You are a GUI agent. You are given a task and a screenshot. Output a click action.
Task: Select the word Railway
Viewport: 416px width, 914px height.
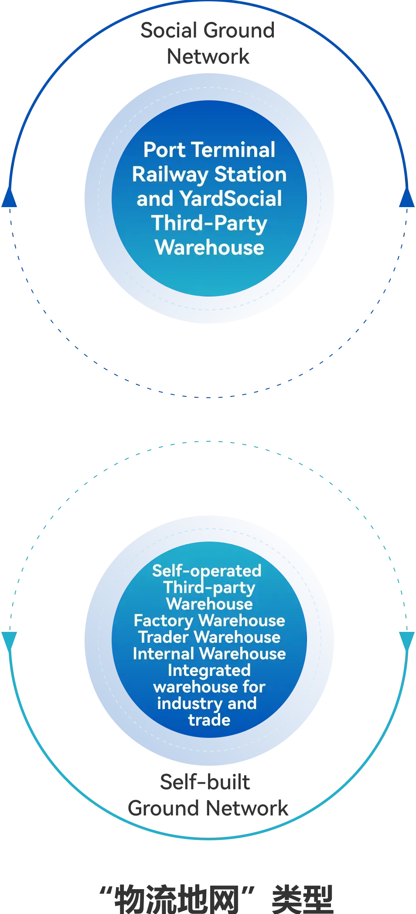tap(170, 175)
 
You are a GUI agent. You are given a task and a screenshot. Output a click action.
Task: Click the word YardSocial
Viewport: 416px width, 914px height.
tap(231, 199)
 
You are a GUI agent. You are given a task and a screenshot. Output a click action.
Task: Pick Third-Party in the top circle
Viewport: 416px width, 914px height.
tap(209, 223)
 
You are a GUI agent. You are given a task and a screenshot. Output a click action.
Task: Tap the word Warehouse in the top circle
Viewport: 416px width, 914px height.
tap(209, 248)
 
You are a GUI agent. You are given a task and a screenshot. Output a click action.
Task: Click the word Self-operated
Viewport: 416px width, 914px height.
tap(207, 571)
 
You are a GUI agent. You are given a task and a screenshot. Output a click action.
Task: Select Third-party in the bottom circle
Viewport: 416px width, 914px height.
tap(209, 588)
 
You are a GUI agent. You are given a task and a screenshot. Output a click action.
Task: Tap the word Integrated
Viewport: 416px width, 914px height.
tap(209, 670)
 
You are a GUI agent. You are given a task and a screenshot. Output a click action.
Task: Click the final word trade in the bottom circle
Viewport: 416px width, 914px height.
tap(209, 720)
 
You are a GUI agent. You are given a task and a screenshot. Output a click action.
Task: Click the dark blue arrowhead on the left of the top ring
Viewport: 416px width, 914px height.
tap(10, 199)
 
